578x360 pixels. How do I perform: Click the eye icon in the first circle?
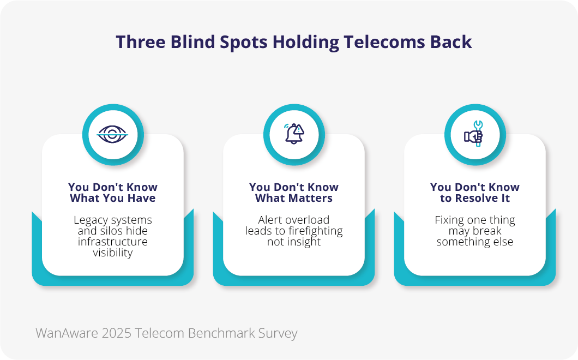pos(112,135)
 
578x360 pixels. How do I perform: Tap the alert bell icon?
pos(294,134)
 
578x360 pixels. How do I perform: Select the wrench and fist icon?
pos(474,135)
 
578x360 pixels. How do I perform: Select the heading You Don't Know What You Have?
pos(113,193)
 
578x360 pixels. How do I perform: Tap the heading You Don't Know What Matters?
pos(294,193)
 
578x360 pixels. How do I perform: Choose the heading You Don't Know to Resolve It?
pos(475,193)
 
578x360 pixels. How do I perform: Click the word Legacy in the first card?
pos(91,220)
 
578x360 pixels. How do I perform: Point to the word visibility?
pos(113,253)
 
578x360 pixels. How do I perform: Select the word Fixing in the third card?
pos(450,220)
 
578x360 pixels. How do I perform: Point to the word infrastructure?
pos(113,242)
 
